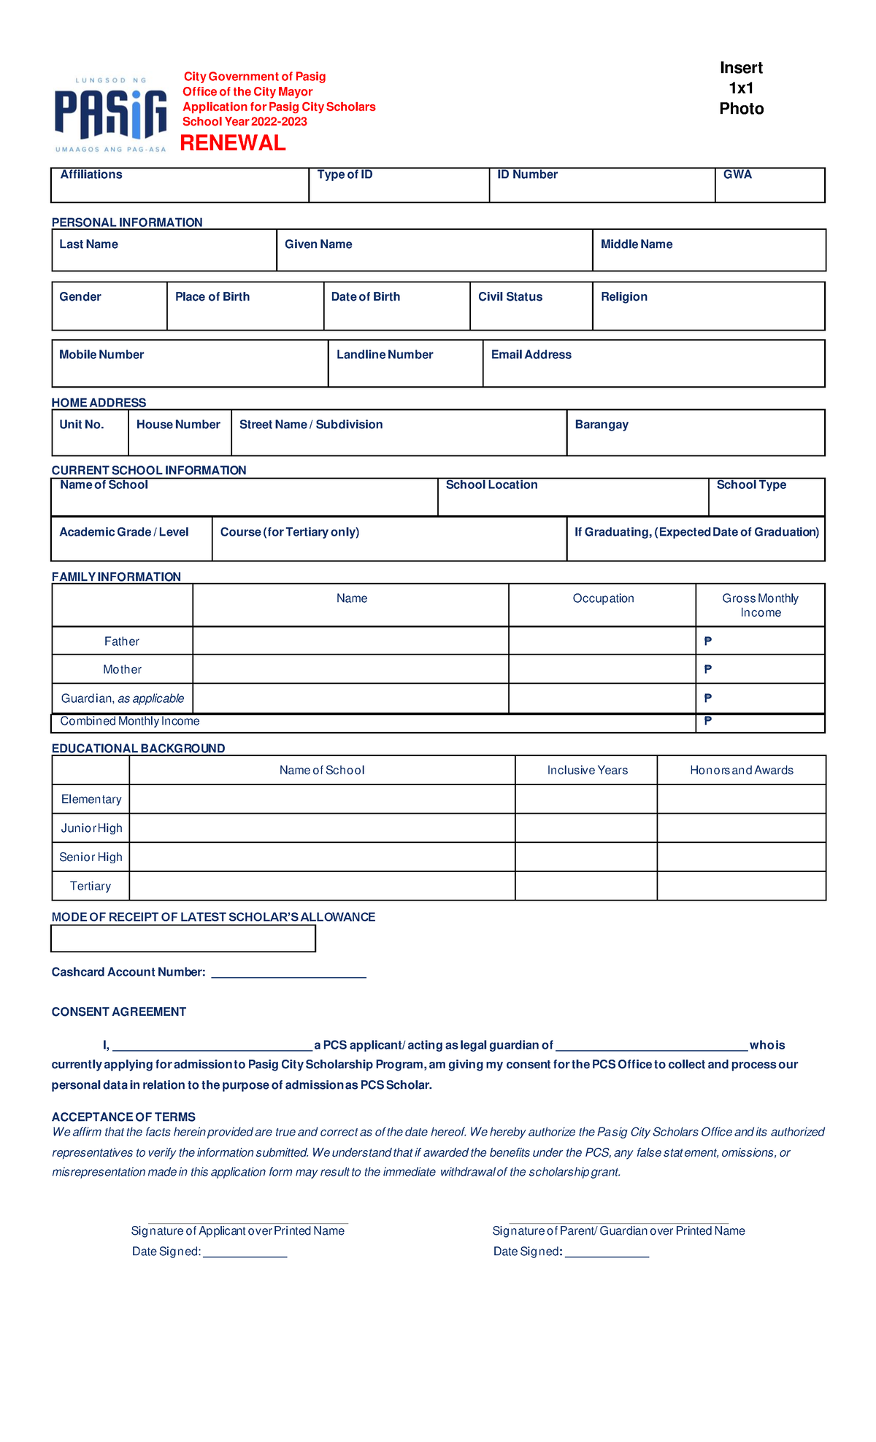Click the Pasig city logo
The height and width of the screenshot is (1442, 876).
[x=111, y=114]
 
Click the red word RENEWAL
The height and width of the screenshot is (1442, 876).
[x=232, y=143]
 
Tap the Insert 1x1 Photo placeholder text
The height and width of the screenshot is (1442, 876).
[x=741, y=88]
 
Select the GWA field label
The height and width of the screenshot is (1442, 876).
[x=737, y=174]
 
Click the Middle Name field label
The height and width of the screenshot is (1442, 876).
[x=636, y=244]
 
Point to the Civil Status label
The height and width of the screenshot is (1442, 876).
[x=510, y=297]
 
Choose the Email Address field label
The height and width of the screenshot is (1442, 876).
[x=531, y=355]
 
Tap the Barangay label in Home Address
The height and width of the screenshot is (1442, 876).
[x=602, y=425]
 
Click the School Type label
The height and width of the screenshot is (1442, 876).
[x=751, y=485]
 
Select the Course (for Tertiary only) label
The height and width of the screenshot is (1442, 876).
[x=290, y=532]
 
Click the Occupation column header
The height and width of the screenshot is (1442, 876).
[x=603, y=598]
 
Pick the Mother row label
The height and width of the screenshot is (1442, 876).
[x=122, y=669]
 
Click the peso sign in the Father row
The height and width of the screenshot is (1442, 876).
[x=707, y=641]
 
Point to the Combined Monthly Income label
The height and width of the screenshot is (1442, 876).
[x=129, y=721]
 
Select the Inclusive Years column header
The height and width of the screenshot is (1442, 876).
[x=587, y=771]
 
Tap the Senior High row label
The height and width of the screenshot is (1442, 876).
[x=91, y=857]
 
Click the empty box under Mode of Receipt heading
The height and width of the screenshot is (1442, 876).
[x=182, y=938]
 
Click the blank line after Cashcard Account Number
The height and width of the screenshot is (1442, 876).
[x=288, y=973]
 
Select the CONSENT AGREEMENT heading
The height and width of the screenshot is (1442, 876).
[x=118, y=1012]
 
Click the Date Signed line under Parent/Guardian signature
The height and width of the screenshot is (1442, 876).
[x=607, y=1252]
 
